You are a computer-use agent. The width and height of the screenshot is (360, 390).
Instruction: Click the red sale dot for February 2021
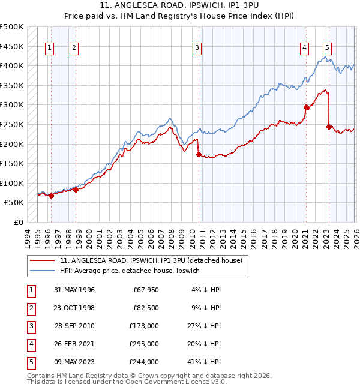(306, 107)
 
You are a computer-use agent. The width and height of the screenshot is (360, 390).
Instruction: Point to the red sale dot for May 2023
(329, 127)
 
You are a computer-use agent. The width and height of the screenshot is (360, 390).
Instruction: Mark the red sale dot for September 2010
(199, 154)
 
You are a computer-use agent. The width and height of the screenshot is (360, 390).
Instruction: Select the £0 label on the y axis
(18, 222)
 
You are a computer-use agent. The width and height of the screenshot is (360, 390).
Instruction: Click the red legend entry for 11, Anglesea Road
(151, 260)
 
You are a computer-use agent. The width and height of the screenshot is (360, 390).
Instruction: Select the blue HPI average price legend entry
(133, 271)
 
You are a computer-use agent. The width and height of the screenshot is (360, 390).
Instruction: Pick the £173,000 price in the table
(144, 326)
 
